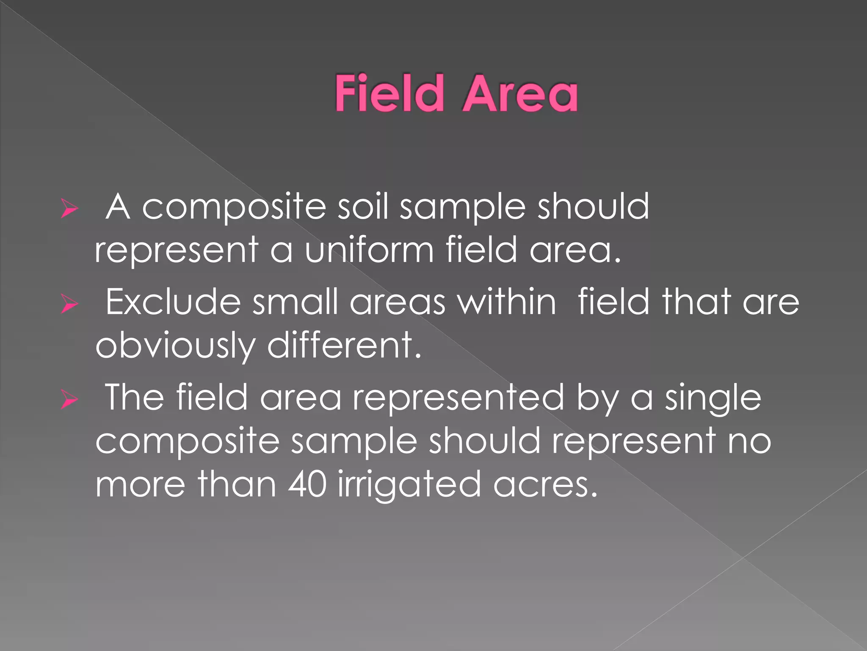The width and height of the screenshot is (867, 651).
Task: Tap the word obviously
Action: [x=175, y=346]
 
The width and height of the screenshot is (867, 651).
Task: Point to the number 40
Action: [x=307, y=484]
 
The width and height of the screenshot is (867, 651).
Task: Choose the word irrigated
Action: [x=409, y=485]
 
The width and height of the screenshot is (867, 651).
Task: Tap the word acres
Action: [x=545, y=485]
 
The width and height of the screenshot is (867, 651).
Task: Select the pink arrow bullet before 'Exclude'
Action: [x=69, y=304]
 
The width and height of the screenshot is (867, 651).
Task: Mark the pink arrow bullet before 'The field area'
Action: [x=69, y=400]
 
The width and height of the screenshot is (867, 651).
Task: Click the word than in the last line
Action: [x=237, y=484]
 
